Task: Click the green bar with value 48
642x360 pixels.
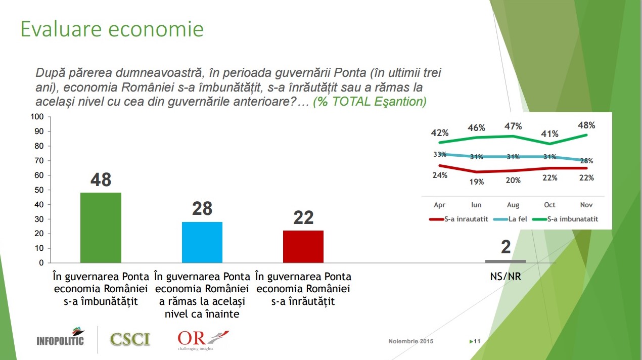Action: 101,228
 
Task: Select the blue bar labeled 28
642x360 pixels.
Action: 202,242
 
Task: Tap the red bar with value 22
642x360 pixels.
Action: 303,246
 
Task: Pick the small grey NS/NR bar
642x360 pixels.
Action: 505,261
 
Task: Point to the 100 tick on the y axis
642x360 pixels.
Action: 38,117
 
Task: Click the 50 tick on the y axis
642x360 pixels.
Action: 40,190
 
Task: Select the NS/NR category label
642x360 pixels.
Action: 505,278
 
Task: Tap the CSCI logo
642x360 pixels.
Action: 130,338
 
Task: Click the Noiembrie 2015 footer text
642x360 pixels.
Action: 410,341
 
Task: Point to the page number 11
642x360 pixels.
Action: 476,342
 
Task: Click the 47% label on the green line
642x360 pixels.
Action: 513,126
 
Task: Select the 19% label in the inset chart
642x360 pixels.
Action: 477,182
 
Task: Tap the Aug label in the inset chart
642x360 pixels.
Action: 513,205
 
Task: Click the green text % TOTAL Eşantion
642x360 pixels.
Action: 370,102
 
